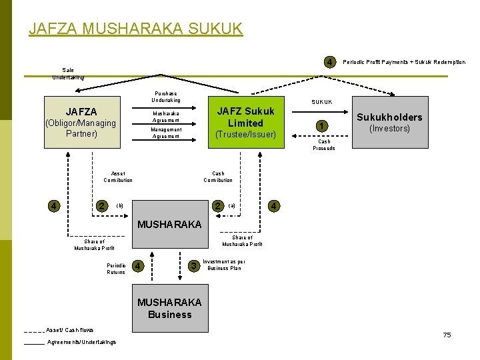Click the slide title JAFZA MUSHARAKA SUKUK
tap(136, 29)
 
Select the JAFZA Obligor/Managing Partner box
tap(80, 123)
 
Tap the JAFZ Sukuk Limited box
tap(245, 123)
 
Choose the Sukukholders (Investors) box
tap(390, 123)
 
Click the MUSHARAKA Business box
tap(169, 308)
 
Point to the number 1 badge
tap(322, 125)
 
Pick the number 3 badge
tap(194, 267)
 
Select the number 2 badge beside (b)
tap(101, 205)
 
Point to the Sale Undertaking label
tap(68, 73)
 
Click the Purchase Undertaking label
tap(166, 97)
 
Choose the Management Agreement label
tap(166, 133)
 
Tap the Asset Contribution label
tap(118, 177)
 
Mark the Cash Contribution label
tap(218, 177)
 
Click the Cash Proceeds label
tap(323, 145)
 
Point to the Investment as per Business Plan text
tap(226, 265)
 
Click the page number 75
tap(447, 335)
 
